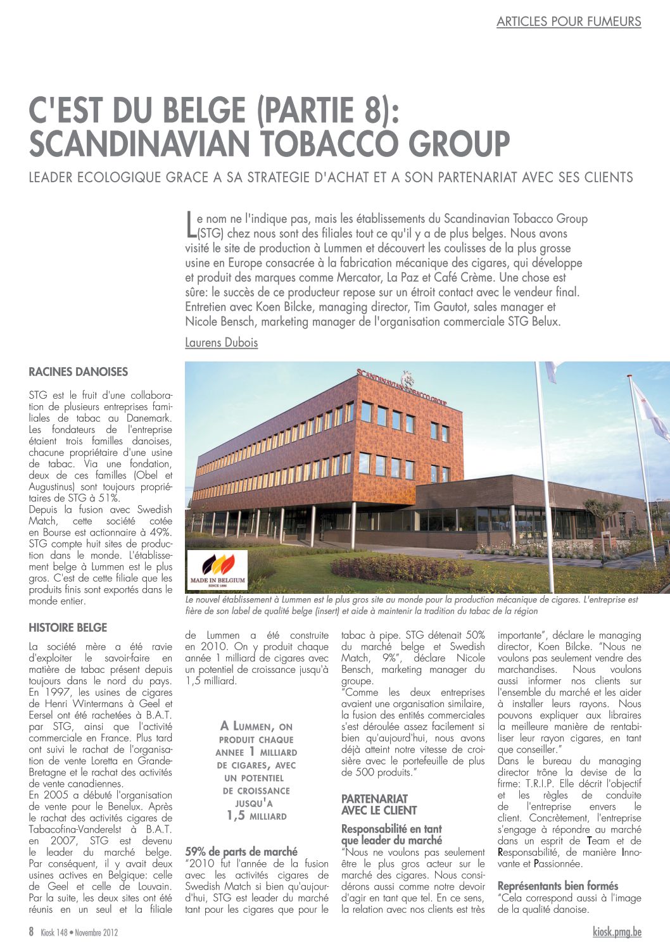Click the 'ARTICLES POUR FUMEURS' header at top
(568, 22)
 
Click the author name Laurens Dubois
(221, 342)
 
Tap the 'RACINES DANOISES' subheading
(78, 372)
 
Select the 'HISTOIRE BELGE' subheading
(68, 627)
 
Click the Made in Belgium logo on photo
(217, 569)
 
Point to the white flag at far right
(650, 408)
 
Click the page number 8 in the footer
(31, 931)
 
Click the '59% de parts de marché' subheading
(241, 851)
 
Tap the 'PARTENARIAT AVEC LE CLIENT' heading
(379, 805)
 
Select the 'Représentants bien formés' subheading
(557, 886)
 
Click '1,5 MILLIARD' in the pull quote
(256, 816)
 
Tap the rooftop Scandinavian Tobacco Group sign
(401, 386)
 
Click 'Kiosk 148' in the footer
(53, 932)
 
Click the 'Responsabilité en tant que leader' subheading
(391, 834)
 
